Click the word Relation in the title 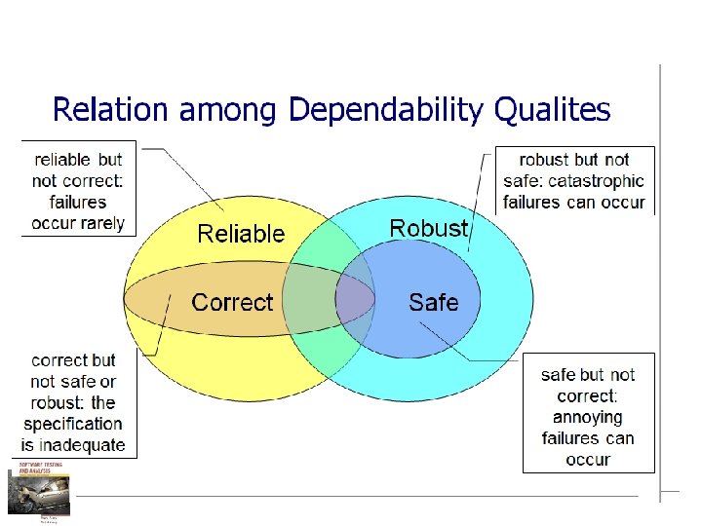(111, 109)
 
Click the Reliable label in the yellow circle (241, 234)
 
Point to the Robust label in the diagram (428, 228)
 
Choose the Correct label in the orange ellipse (232, 302)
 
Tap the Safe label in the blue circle (433, 302)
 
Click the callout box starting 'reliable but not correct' (78, 190)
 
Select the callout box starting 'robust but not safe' (574, 180)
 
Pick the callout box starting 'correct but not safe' (73, 402)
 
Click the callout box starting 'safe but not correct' (588, 416)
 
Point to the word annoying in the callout (588, 417)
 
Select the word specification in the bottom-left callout (73, 424)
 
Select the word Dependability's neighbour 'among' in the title (231, 110)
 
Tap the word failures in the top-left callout (78, 202)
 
